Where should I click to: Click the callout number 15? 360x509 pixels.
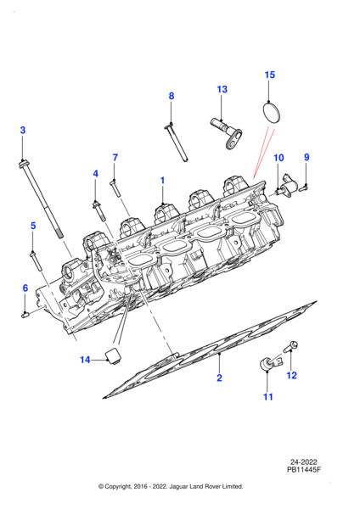point(269,75)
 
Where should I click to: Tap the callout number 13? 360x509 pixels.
point(222,89)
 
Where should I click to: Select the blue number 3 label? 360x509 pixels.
point(22,130)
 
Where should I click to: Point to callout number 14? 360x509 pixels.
point(85,360)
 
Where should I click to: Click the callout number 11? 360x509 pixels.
point(267,396)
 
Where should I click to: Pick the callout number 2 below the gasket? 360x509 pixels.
point(219,378)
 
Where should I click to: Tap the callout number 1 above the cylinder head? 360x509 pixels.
point(162,181)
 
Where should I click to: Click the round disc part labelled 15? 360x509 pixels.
point(272,113)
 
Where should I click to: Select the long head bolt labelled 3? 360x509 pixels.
point(41,199)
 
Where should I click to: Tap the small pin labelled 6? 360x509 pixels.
point(25,314)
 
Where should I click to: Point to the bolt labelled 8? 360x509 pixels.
point(177,143)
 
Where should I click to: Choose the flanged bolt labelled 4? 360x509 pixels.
point(99,211)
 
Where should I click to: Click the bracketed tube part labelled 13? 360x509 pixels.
point(226,133)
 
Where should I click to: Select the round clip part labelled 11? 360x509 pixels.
point(269,362)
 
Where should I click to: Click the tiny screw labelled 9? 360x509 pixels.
point(303,187)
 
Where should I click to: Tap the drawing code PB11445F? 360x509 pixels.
point(304,469)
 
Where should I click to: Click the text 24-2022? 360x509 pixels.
point(304,462)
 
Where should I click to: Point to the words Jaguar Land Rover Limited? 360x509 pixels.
point(208,486)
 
